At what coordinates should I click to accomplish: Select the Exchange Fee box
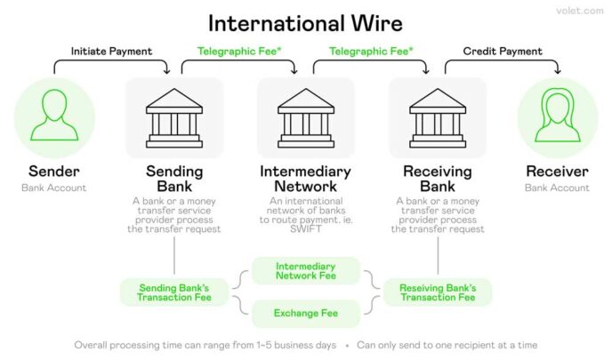(x=305, y=313)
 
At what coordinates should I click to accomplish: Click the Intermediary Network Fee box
(x=305, y=271)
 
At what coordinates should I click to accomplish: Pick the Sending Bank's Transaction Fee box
(x=173, y=292)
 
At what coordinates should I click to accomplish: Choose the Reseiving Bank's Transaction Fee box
(x=437, y=292)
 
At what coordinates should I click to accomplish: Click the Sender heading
(x=54, y=171)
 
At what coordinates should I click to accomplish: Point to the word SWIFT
(x=305, y=229)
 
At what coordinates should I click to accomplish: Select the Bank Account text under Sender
(x=54, y=188)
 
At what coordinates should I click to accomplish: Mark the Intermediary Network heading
(x=305, y=179)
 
